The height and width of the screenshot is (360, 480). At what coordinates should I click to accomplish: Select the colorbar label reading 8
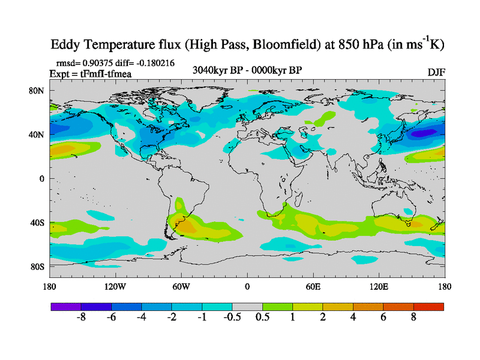click(413, 318)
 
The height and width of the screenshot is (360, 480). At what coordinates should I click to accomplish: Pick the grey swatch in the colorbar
click(247, 306)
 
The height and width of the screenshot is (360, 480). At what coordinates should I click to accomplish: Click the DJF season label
click(436, 72)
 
